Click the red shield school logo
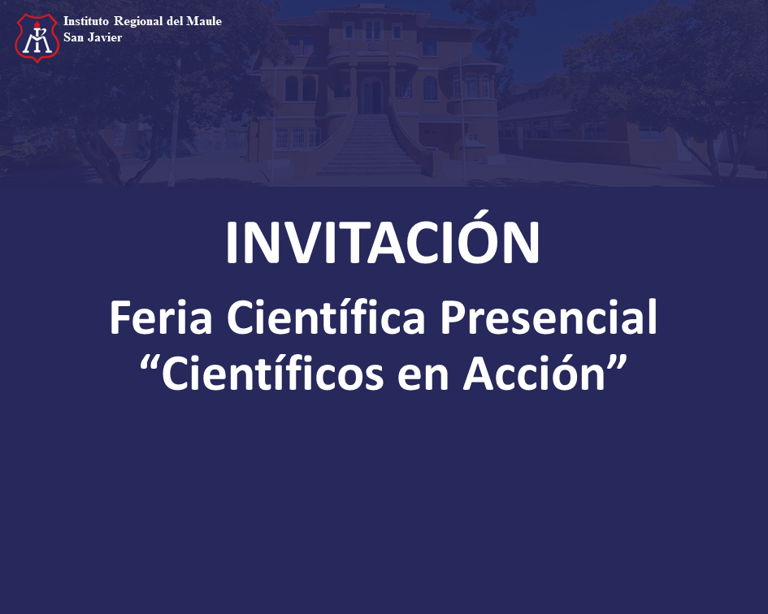pos(37,37)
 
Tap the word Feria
pos(161,318)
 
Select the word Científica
pos(326,317)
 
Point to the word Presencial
pos(549,317)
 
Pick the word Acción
pos(535,373)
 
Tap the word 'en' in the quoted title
pos(423,378)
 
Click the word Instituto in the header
pos(85,21)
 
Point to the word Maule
pos(204,21)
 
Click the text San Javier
pos(93,37)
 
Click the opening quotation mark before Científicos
pos(149,364)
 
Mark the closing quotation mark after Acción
pos(618,364)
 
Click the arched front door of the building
pos(371,96)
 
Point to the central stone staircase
pos(371,144)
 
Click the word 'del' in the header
pos(175,21)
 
